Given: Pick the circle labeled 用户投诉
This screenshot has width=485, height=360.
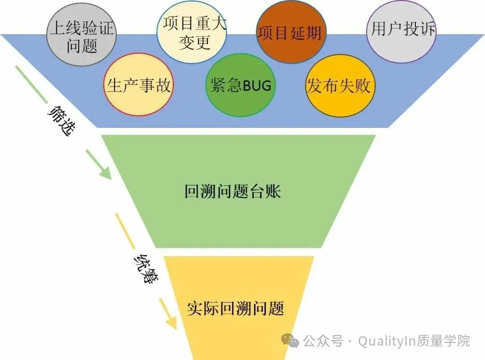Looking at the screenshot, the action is point(403,31).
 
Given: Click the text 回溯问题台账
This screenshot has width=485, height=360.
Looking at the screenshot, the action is point(233,192).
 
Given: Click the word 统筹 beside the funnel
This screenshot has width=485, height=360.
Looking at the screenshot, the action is point(144,268).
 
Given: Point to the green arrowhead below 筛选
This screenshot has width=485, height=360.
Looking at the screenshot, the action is point(106,172).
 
